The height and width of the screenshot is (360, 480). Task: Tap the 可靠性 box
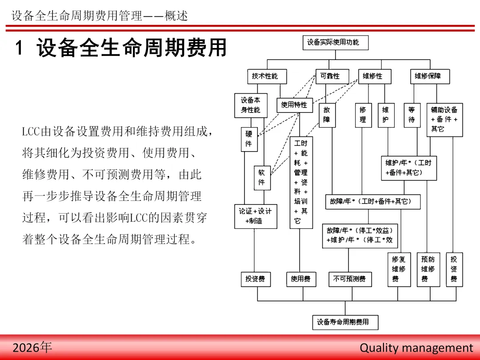click(330, 76)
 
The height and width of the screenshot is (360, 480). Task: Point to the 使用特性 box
click(294, 105)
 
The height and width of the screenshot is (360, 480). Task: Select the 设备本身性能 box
click(251, 105)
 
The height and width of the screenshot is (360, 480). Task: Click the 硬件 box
click(249, 139)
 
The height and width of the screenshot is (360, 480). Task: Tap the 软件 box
click(262, 178)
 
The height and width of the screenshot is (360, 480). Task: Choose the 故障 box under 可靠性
click(327, 115)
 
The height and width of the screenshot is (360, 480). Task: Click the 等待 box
click(412, 115)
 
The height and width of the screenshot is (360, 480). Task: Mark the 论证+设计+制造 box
click(255, 216)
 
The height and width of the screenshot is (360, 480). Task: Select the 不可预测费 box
click(349, 279)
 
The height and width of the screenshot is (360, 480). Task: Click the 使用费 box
click(300, 279)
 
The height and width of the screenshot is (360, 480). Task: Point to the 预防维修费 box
click(428, 269)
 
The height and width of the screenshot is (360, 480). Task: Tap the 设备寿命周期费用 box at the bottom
click(345, 322)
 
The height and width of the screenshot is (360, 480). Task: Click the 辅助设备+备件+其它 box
click(444, 119)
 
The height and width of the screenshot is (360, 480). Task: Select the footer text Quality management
click(416, 348)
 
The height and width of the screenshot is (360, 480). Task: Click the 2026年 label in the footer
click(32, 348)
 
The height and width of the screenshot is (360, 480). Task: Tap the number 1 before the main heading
click(19, 48)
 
